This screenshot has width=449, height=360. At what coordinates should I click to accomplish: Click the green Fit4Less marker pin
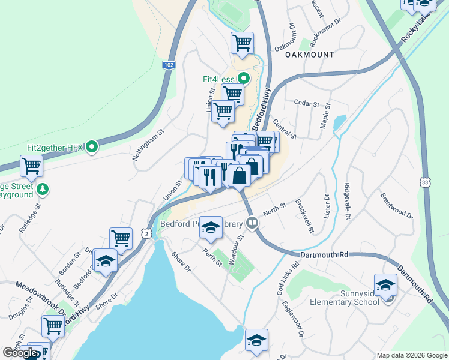coord(244,79)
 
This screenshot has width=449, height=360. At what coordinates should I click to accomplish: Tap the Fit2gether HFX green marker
coord(91,146)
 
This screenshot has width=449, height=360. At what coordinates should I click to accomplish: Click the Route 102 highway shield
coord(169,64)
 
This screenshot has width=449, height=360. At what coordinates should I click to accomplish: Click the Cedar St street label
coord(307,104)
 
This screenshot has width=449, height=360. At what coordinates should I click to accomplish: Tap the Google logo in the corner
coord(20,353)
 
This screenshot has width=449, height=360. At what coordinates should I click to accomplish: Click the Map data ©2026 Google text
coord(411,355)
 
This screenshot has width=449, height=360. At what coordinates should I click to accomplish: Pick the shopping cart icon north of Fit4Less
coord(242,43)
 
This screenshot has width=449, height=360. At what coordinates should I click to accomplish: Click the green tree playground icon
coord(42,190)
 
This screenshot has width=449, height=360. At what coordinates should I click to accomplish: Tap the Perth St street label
coord(212,257)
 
